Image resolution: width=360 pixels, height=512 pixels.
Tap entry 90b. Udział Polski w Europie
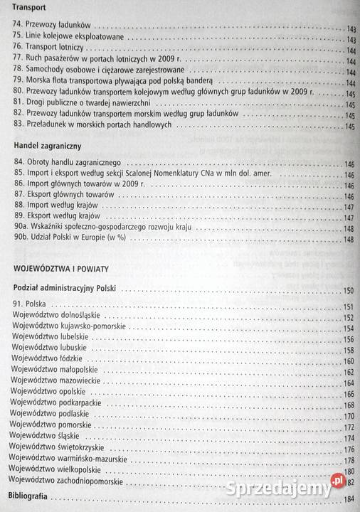[x=73, y=238]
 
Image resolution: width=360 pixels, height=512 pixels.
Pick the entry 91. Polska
[x=29, y=305]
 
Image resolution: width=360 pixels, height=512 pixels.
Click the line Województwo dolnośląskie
[x=56, y=315]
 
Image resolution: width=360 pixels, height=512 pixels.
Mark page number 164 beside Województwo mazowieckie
[x=349, y=383]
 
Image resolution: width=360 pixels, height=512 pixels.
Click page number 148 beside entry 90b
[x=349, y=240]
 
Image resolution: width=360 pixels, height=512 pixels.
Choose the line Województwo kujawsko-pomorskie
[x=69, y=326]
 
